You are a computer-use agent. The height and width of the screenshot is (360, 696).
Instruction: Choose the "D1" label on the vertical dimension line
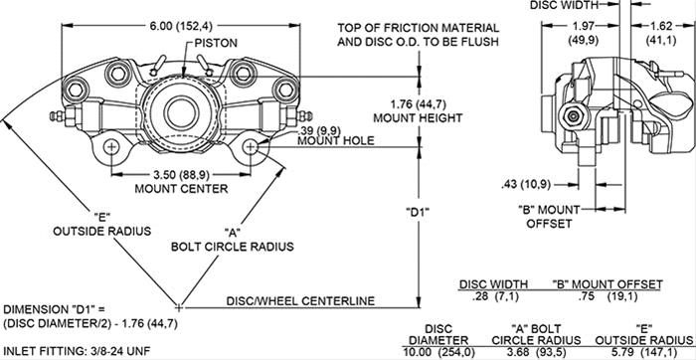pos(417,212)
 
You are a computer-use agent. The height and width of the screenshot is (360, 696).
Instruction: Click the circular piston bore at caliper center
pos(179,108)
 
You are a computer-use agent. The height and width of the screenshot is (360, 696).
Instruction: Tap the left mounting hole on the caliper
pos(110,147)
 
